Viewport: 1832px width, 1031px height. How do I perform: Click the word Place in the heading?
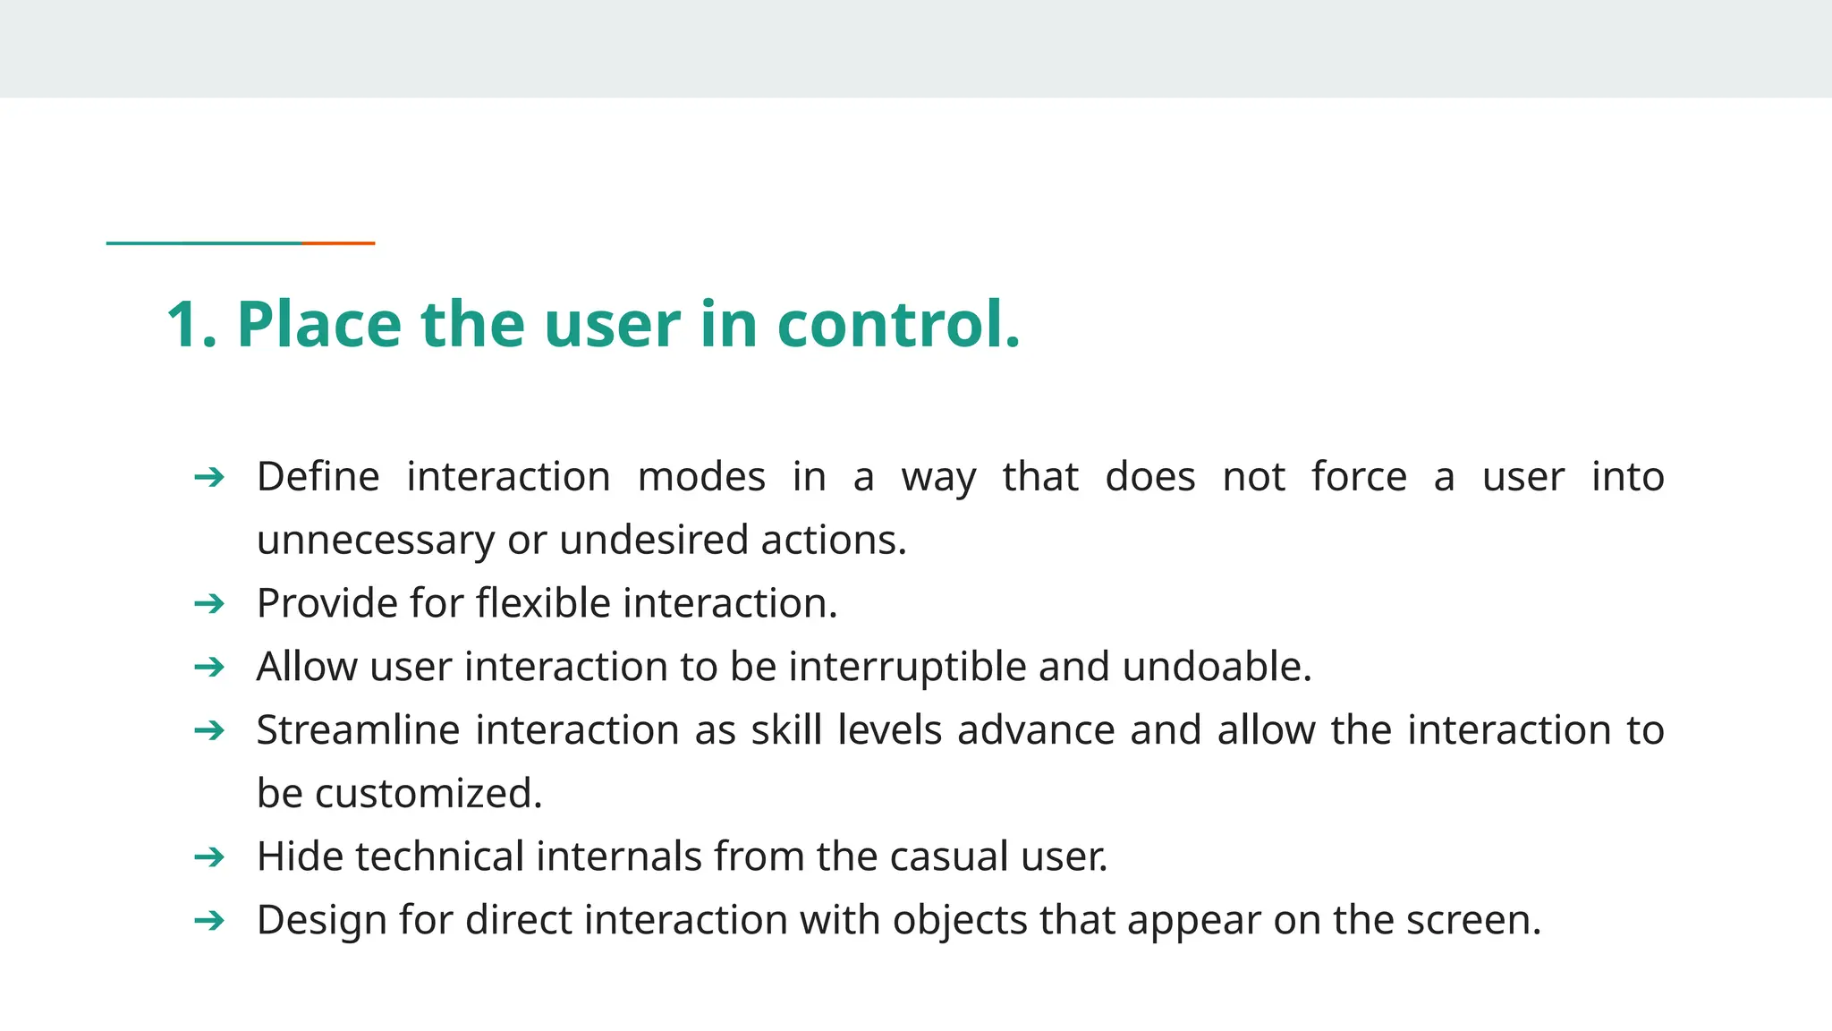pos(318,324)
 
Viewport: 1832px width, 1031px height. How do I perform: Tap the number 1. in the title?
pos(191,324)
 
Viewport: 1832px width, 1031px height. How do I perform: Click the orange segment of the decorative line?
pos(338,243)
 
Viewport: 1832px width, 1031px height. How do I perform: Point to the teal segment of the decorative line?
pos(204,243)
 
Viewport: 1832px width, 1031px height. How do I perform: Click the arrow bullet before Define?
pos(209,477)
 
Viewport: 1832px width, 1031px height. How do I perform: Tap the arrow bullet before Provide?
pos(209,604)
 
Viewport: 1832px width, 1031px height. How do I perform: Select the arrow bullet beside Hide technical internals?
pos(209,857)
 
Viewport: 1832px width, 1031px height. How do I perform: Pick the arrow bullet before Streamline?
pos(209,730)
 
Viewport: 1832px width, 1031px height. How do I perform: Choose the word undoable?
pos(1217,667)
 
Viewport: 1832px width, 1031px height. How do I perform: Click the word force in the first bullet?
pos(1359,477)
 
